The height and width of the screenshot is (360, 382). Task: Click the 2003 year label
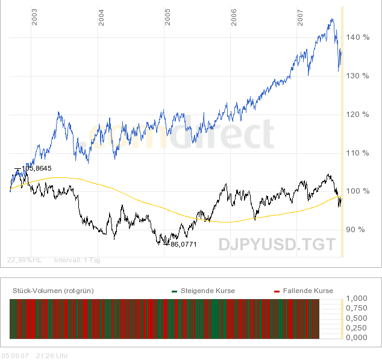[35, 18]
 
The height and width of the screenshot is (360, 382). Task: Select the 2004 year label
[101, 18]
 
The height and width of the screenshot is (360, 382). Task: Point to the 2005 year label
[168, 18]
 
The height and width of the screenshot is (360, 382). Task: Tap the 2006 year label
[234, 18]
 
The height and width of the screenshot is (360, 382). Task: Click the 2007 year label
[300, 18]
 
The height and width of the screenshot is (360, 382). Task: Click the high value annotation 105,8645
[36, 169]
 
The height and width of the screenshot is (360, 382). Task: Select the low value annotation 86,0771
[184, 245]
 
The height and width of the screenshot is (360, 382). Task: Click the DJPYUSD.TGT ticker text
[277, 245]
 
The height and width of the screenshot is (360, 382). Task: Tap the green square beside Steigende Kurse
[175, 291]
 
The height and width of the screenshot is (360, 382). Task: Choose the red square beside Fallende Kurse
[277, 291]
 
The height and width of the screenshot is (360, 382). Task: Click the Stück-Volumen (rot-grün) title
[53, 291]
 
